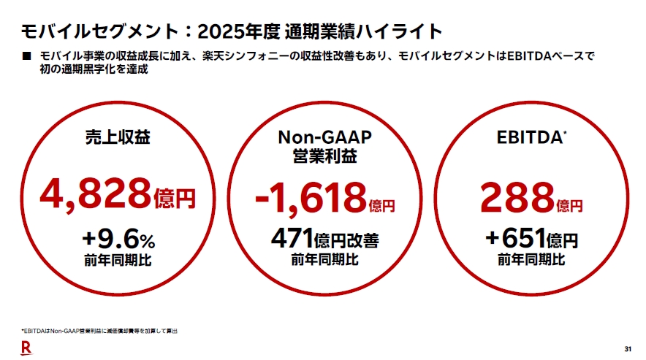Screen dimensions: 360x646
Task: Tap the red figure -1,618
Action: [311, 196]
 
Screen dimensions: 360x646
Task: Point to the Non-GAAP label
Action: [324, 137]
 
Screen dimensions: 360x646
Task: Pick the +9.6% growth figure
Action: [118, 240]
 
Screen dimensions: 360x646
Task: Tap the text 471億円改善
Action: [324, 240]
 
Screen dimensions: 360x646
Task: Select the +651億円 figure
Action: [531, 240]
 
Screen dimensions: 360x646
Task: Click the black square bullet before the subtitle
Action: [27, 56]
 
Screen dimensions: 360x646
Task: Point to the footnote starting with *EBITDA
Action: [99, 332]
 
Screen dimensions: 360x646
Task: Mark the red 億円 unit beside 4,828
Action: [175, 198]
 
